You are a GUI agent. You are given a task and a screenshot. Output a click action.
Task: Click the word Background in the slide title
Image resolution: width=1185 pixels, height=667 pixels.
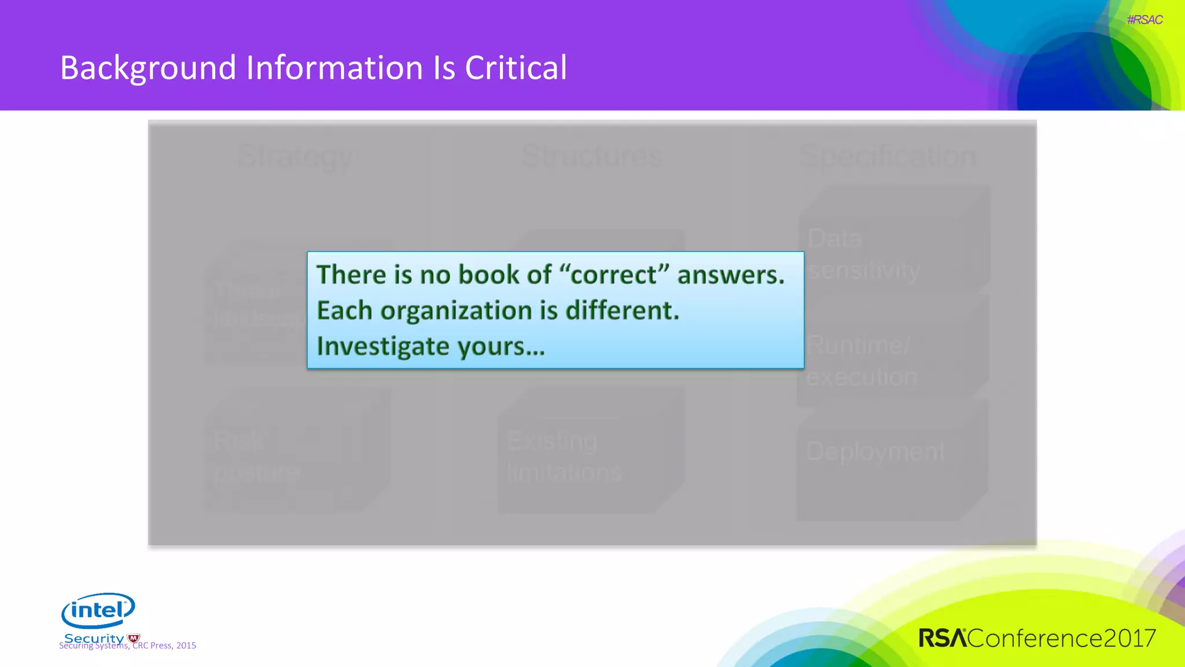tap(148, 68)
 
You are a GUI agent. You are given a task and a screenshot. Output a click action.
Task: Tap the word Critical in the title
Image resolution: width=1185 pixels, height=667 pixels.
tap(516, 68)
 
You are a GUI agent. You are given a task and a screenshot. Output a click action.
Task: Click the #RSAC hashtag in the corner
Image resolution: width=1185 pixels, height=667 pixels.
tap(1144, 20)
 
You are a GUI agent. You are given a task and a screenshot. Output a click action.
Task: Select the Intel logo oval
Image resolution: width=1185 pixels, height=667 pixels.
tap(98, 610)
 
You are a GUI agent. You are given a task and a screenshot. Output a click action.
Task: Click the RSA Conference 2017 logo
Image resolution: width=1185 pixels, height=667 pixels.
tap(1037, 638)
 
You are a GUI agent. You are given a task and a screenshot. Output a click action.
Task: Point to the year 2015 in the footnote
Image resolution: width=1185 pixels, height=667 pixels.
tap(186, 646)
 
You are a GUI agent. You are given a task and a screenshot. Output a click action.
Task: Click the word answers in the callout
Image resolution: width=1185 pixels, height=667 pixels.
tap(731, 274)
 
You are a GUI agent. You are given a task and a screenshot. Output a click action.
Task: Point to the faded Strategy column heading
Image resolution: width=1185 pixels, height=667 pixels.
tap(295, 156)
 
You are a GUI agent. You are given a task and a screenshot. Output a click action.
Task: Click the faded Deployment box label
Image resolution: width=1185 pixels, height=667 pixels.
tap(875, 452)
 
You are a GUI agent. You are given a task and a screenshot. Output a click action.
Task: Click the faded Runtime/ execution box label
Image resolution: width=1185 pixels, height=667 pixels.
tap(861, 361)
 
